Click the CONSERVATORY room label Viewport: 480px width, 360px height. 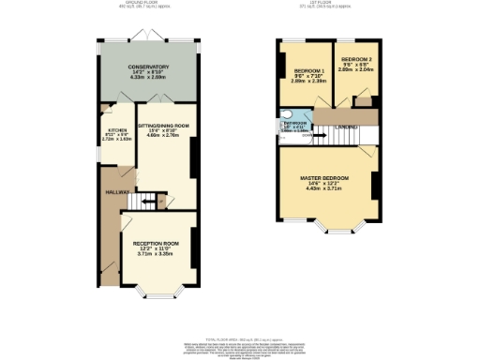148,67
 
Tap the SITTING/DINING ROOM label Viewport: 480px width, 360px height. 163,125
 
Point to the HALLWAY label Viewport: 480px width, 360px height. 116,192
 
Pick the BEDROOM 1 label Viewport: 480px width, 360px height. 309,71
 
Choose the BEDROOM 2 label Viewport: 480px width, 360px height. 356,58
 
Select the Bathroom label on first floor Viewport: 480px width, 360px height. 296,123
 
